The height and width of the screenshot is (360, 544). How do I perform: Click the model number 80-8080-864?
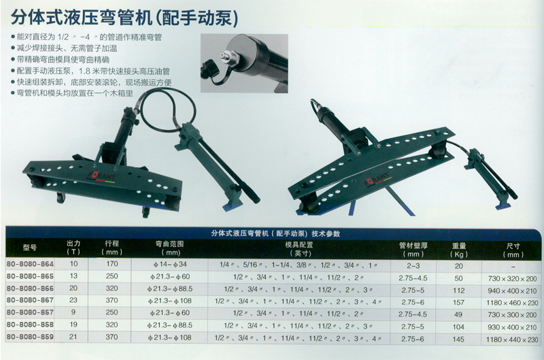pos(30,264)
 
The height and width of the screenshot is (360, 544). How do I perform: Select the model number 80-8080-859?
pos(30,337)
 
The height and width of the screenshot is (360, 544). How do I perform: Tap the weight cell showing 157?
pos(458,302)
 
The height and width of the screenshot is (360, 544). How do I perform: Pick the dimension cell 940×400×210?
pos(512,291)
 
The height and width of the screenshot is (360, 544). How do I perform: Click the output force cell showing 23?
pos(73,300)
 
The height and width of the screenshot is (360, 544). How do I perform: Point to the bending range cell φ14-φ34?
pos(170,264)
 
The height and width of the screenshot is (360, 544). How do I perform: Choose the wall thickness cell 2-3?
pos(413,266)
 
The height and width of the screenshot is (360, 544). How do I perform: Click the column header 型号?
pos(30,248)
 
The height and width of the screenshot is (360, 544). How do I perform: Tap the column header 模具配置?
pos(299,245)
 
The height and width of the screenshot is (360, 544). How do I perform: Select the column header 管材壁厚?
pos(413,246)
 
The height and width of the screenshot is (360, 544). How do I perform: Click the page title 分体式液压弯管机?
pos(82,18)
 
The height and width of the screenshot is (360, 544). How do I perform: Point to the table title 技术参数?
pos(326,233)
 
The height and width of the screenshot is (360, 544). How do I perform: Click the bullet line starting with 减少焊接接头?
pos(64,48)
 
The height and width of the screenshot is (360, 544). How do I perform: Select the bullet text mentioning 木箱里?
pos(72,93)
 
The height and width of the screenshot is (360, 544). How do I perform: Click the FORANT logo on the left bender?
pos(103,176)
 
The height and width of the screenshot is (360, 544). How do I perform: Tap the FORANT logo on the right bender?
pos(378,178)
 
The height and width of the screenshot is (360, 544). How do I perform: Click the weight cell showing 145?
pos(458,339)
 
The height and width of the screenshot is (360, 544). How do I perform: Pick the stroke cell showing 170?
pos(112,264)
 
